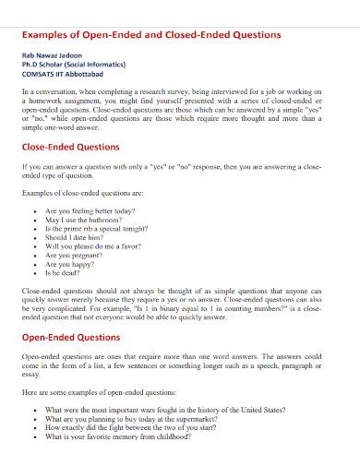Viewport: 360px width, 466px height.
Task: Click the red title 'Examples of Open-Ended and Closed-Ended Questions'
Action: click(x=151, y=34)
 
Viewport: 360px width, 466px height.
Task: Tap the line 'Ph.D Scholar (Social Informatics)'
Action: click(x=75, y=66)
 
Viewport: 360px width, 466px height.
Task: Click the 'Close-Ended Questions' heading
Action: click(x=70, y=147)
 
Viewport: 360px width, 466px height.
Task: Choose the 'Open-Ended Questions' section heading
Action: click(x=69, y=337)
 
